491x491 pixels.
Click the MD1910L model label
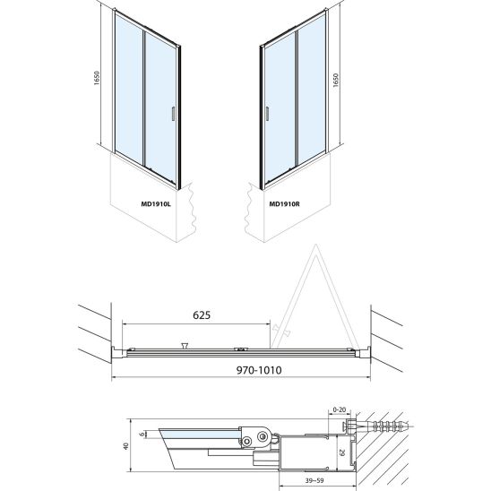pyautogui.click(x=156, y=204)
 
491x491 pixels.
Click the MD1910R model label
pyautogui.click(x=284, y=204)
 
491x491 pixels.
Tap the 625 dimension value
pyautogui.click(x=202, y=315)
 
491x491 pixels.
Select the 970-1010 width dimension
pyautogui.click(x=259, y=370)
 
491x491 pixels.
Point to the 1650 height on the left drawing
pyautogui.click(x=97, y=78)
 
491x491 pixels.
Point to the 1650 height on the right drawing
pyautogui.click(x=336, y=80)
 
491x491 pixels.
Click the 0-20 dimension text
pyautogui.click(x=339, y=409)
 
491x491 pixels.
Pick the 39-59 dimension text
pyautogui.click(x=314, y=480)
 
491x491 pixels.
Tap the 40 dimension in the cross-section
pyautogui.click(x=125, y=446)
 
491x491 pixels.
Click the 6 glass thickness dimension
pyautogui.click(x=142, y=435)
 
